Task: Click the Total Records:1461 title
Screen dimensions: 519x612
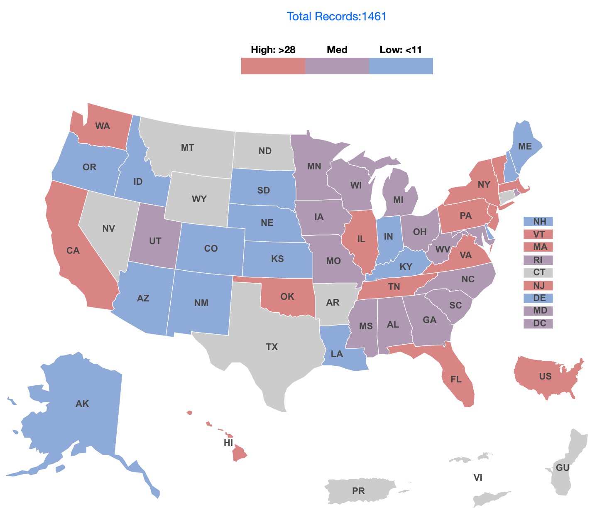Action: point(336,17)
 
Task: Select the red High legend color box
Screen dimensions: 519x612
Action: point(273,66)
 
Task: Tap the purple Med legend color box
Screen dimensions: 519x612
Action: point(337,66)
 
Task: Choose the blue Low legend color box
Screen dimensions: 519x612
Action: point(401,66)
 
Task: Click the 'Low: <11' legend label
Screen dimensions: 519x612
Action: point(400,50)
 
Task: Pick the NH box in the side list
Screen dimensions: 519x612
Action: point(538,222)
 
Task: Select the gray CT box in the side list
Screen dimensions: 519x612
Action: point(538,273)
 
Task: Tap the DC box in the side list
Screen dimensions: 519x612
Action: point(538,323)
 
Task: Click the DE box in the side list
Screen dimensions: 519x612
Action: point(538,298)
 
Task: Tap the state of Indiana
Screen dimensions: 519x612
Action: point(388,237)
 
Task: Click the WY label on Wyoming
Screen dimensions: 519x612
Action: point(199,199)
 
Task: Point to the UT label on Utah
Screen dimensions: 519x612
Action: point(155,241)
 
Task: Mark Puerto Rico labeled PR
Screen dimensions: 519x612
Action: point(358,491)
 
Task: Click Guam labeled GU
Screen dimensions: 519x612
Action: point(562,468)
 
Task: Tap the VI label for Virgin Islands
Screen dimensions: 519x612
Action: point(478,478)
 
